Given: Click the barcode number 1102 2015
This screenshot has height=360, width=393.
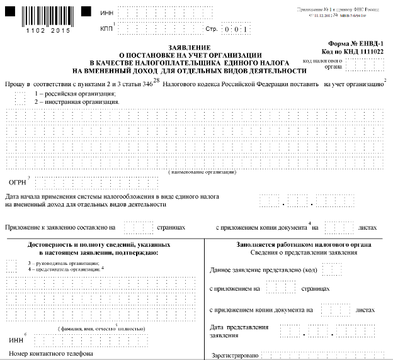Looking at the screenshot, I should click(x=43, y=30).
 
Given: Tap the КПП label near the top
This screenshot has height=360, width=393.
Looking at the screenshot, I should click(x=106, y=29).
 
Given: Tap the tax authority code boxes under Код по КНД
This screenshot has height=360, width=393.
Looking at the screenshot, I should click(x=360, y=64).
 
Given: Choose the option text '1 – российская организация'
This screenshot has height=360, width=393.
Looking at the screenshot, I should click(x=75, y=93).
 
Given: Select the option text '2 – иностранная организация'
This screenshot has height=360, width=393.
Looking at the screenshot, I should click(x=77, y=101).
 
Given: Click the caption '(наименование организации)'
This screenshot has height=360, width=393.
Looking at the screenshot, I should click(x=196, y=172).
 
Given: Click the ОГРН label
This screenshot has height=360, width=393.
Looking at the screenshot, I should click(x=16, y=183).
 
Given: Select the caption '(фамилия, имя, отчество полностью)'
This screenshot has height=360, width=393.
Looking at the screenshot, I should click(x=100, y=329).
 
